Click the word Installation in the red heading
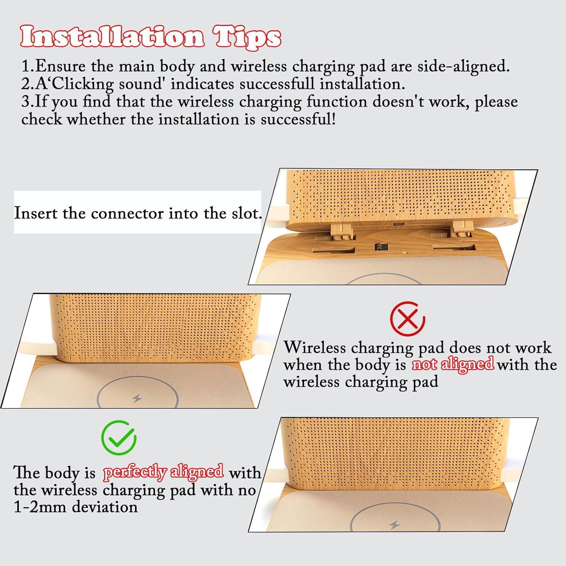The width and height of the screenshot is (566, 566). click(x=112, y=37)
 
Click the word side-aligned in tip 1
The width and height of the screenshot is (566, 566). click(x=463, y=66)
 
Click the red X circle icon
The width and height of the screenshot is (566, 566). click(x=408, y=319)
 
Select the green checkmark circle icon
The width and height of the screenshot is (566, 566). click(x=119, y=438)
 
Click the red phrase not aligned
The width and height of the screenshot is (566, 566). click(x=452, y=364)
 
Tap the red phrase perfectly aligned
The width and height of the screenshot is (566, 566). click(x=163, y=472)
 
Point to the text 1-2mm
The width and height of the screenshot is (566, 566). click(x=41, y=507)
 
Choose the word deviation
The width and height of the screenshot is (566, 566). click(x=105, y=507)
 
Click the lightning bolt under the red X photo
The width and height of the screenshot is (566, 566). click(x=137, y=398)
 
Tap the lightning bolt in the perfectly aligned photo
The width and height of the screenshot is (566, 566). click(x=395, y=525)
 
